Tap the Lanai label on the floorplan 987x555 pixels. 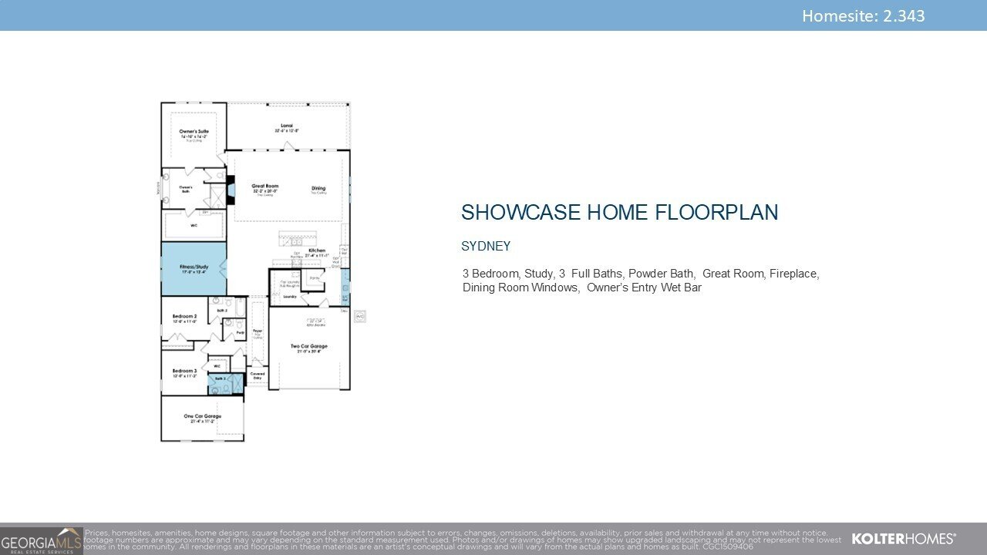coord(286,126)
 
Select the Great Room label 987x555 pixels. coord(264,187)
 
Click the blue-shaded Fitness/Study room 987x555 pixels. coord(194,267)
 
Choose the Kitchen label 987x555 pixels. coord(317,251)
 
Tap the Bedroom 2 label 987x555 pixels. coord(184,317)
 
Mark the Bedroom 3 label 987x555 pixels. coord(184,371)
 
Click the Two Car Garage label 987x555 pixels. coord(308,347)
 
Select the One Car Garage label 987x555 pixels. coord(202,417)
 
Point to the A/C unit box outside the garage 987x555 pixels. coord(359,316)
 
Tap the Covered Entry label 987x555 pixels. coord(258,375)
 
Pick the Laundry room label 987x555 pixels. coord(290,296)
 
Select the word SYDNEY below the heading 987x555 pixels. coord(486,247)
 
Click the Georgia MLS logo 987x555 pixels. coord(41,540)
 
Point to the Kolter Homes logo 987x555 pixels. coord(903,538)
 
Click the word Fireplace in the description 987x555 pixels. coord(793,274)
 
